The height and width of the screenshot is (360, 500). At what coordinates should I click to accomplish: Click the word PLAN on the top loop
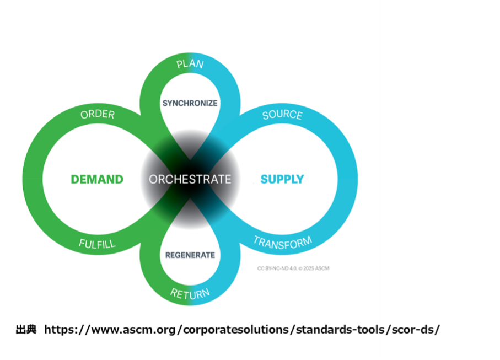click(190, 64)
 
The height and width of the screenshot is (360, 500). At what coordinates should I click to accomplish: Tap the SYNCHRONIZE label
click(190, 103)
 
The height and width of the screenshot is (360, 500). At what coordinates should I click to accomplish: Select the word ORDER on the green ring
click(98, 115)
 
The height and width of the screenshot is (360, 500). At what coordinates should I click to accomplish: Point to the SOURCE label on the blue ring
click(282, 115)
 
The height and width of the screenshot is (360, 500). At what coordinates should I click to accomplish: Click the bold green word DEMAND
click(97, 179)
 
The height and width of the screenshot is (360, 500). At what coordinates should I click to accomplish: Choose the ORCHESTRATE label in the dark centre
click(190, 179)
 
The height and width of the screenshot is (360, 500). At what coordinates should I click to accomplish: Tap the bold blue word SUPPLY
click(282, 179)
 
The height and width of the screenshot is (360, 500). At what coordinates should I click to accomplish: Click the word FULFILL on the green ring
click(97, 244)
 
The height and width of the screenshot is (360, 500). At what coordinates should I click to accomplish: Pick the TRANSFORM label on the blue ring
click(283, 243)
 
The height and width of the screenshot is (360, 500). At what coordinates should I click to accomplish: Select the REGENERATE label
click(190, 255)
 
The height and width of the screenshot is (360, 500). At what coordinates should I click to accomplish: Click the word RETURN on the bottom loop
click(190, 293)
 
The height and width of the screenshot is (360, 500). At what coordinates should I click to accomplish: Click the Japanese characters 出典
click(26, 330)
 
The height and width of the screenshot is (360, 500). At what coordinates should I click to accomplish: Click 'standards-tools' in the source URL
click(338, 330)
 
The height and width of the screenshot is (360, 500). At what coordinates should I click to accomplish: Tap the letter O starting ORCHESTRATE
click(153, 179)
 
